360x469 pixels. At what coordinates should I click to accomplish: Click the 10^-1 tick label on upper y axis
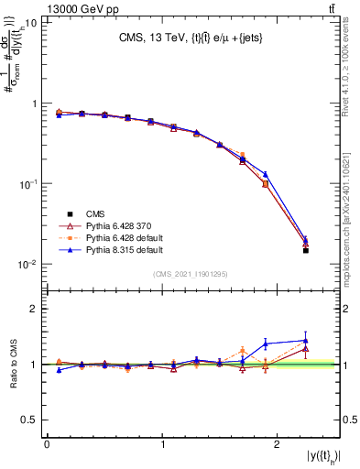(x=27, y=184)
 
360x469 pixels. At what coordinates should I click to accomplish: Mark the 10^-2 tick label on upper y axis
(x=27, y=265)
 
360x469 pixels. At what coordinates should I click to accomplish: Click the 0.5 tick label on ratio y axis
(x=30, y=420)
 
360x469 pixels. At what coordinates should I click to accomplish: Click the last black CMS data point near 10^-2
(x=306, y=250)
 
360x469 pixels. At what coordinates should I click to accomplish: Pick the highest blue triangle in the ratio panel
(x=306, y=341)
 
